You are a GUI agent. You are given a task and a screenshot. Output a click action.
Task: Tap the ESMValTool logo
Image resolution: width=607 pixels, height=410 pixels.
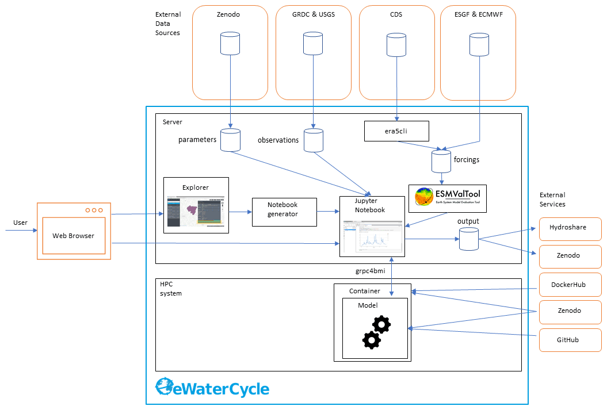(x=448, y=198)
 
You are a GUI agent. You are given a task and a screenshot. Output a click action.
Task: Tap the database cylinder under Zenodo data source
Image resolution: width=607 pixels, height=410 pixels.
(x=230, y=43)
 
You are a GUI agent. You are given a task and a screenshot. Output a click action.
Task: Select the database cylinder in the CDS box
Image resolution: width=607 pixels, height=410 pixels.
(x=396, y=45)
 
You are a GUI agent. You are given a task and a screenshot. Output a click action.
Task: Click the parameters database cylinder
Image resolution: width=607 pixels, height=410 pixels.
(x=230, y=140)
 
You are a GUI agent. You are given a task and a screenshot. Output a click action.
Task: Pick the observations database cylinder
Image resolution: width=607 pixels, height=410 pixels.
(x=314, y=140)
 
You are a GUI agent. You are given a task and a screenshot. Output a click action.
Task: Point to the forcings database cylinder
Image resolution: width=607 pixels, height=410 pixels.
(x=441, y=160)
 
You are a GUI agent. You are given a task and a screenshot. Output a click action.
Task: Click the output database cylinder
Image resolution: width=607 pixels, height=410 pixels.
(x=469, y=239)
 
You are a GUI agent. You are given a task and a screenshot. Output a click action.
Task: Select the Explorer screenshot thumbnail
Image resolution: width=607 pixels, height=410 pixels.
(x=196, y=210)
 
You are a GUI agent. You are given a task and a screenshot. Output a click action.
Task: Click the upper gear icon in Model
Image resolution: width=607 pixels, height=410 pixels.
(x=381, y=324)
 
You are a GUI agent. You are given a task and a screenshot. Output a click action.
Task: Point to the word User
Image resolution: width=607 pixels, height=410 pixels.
(x=20, y=223)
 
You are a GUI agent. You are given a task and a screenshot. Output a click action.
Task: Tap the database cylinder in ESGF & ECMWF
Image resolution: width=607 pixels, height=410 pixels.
(x=479, y=44)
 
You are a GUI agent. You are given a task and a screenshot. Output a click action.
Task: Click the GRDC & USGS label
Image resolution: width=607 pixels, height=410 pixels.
(x=313, y=15)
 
